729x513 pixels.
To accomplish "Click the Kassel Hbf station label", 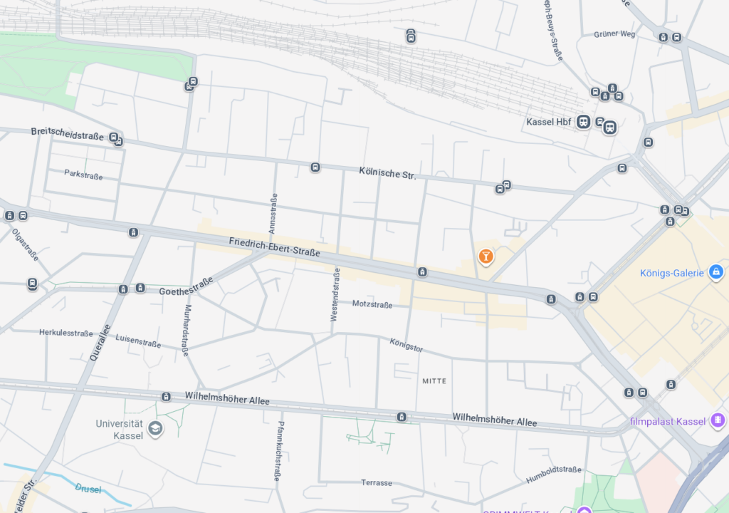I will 548,122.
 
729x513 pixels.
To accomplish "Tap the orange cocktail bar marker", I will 486,256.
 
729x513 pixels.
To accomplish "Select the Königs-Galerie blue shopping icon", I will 717,271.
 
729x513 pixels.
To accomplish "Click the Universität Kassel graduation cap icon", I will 155,427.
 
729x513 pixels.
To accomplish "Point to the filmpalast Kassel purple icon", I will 718,420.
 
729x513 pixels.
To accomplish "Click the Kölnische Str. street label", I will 387,172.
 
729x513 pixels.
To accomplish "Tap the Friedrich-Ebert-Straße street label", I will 274,247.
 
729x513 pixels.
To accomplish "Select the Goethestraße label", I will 186,287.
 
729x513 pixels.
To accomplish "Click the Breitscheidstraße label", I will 68,133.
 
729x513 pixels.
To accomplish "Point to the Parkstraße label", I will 83,174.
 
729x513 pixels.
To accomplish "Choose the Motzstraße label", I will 372,304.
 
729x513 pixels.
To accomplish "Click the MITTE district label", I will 434,381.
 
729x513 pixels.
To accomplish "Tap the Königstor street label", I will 407,346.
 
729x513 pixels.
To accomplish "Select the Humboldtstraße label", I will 554,474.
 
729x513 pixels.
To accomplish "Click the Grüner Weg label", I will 614,33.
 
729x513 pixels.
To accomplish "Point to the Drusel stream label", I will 88,489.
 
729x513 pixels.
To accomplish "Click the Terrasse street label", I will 377,482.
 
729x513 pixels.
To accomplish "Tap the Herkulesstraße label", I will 65,333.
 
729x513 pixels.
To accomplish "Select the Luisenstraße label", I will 138,341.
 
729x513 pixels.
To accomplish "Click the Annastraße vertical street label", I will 273,214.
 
